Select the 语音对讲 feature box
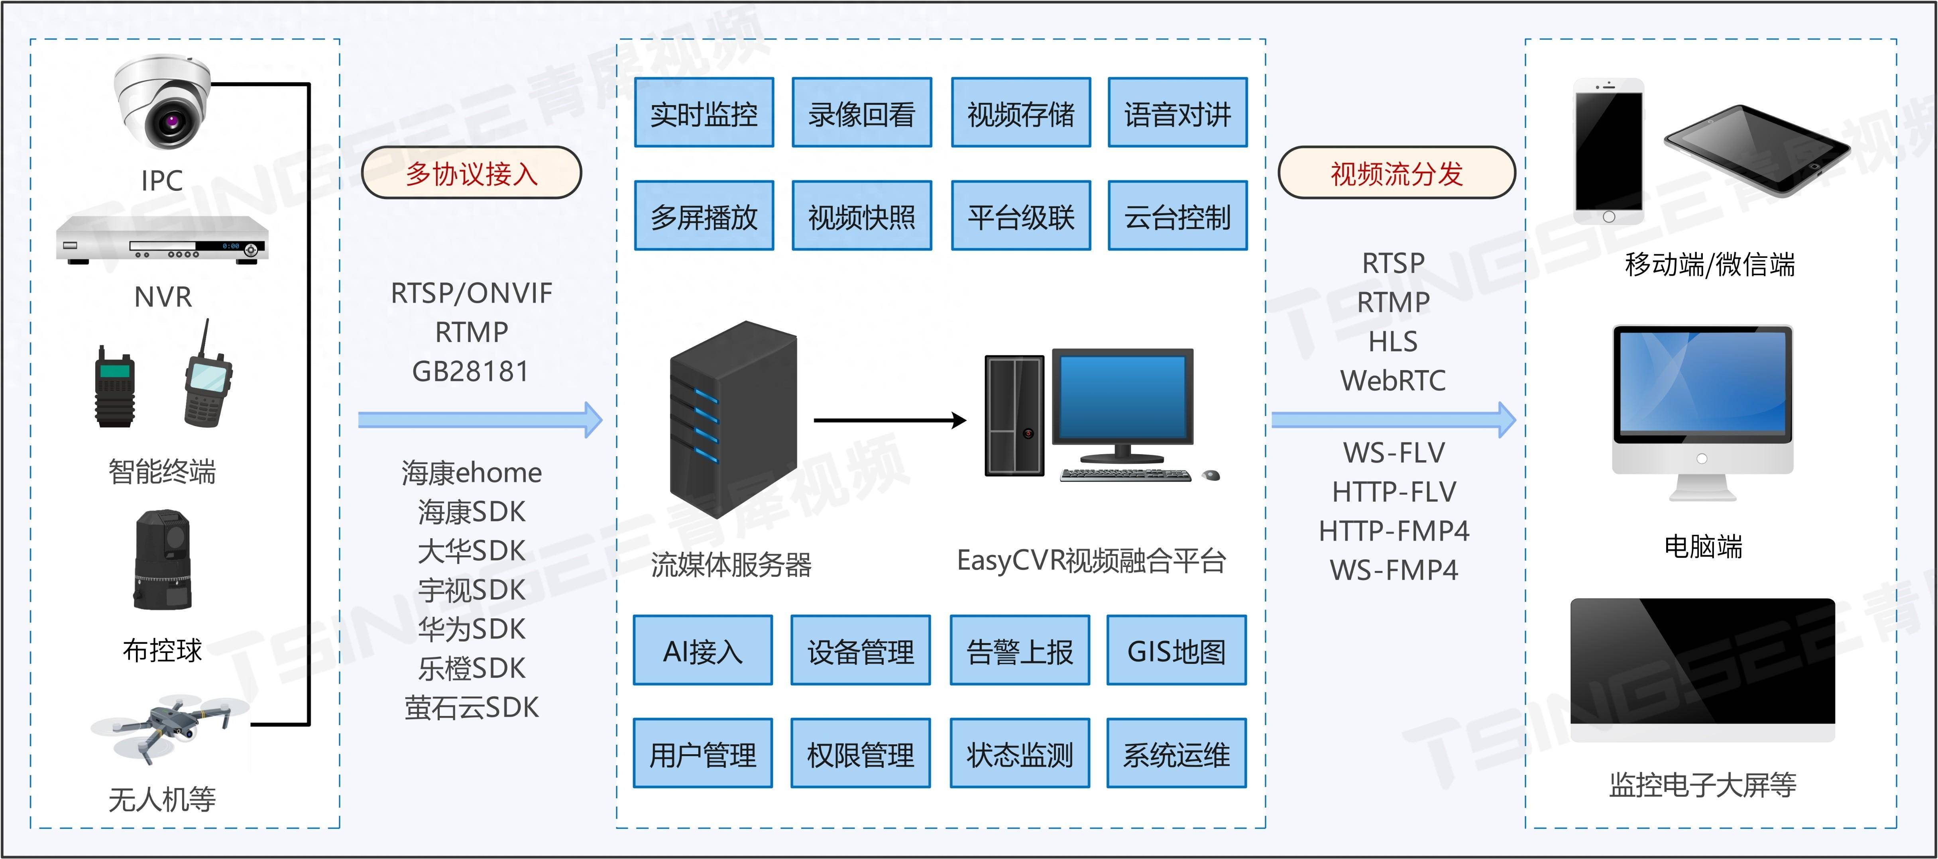click(x=1177, y=113)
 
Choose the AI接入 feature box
click(x=703, y=651)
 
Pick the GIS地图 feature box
click(x=1176, y=651)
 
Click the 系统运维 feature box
click(x=1176, y=754)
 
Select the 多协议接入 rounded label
click(x=472, y=173)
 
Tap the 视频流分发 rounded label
click(x=1396, y=173)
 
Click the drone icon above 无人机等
click(x=169, y=726)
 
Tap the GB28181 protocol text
click(x=471, y=371)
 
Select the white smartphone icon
click(x=1608, y=151)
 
